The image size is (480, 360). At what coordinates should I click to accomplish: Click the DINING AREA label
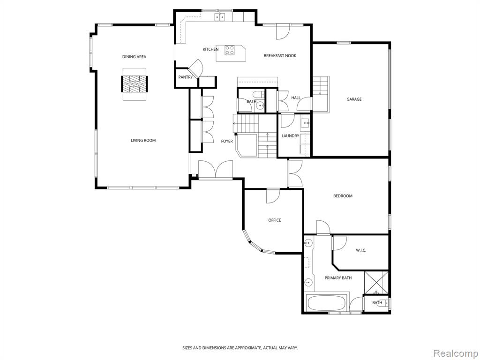tap(134, 57)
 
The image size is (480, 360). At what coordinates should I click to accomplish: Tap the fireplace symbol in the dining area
tap(135, 83)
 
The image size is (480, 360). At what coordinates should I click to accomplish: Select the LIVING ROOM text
tap(143, 141)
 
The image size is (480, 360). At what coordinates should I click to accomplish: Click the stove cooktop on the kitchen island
tap(230, 50)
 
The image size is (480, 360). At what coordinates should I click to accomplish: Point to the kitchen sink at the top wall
tap(220, 17)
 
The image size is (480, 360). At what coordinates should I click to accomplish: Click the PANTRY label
tap(185, 77)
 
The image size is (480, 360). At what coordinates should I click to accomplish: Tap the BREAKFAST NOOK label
tap(280, 56)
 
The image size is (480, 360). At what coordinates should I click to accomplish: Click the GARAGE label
tap(354, 99)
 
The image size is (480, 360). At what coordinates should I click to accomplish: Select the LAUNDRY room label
tap(290, 136)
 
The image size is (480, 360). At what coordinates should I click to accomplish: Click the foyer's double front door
tap(215, 169)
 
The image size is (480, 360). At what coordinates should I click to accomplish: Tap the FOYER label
tap(227, 141)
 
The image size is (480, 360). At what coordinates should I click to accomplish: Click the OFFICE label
tap(275, 220)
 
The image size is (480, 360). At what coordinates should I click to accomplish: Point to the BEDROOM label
tap(343, 196)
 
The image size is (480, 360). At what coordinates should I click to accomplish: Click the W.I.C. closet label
tap(361, 250)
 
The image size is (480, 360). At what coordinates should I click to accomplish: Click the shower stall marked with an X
tap(376, 282)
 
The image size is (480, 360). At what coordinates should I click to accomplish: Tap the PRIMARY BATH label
tap(338, 278)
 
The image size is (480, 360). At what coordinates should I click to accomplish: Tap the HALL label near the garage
tap(296, 98)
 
